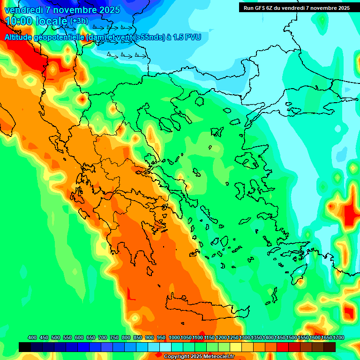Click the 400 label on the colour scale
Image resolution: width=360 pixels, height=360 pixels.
tap(32, 337)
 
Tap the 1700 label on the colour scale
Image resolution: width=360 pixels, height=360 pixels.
tap(338, 337)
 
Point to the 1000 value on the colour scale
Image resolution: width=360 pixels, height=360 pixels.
tap(174, 337)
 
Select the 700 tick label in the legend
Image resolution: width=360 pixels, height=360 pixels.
tap(103, 337)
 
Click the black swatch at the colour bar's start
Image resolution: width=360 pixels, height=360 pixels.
tap(25, 347)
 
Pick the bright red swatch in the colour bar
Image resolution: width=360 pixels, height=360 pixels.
tap(283, 347)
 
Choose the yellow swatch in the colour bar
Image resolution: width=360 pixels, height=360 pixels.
tap(236, 347)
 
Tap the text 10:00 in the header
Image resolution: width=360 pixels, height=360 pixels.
tap(19, 21)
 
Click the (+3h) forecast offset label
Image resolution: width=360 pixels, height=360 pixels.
tap(78, 21)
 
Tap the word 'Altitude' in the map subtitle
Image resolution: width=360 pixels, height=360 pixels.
tap(19, 37)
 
